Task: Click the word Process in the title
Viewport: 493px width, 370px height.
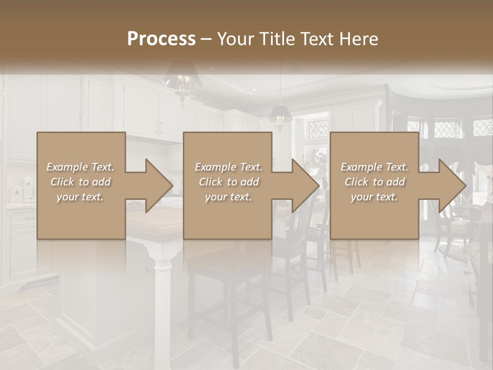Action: (x=161, y=39)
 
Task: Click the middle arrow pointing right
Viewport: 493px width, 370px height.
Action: (x=300, y=186)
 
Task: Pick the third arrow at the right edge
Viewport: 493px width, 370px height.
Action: (x=446, y=186)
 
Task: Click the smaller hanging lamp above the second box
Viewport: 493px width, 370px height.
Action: (x=279, y=115)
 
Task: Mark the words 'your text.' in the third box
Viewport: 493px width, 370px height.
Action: (x=374, y=197)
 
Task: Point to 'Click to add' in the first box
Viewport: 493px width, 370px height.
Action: (x=80, y=182)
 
